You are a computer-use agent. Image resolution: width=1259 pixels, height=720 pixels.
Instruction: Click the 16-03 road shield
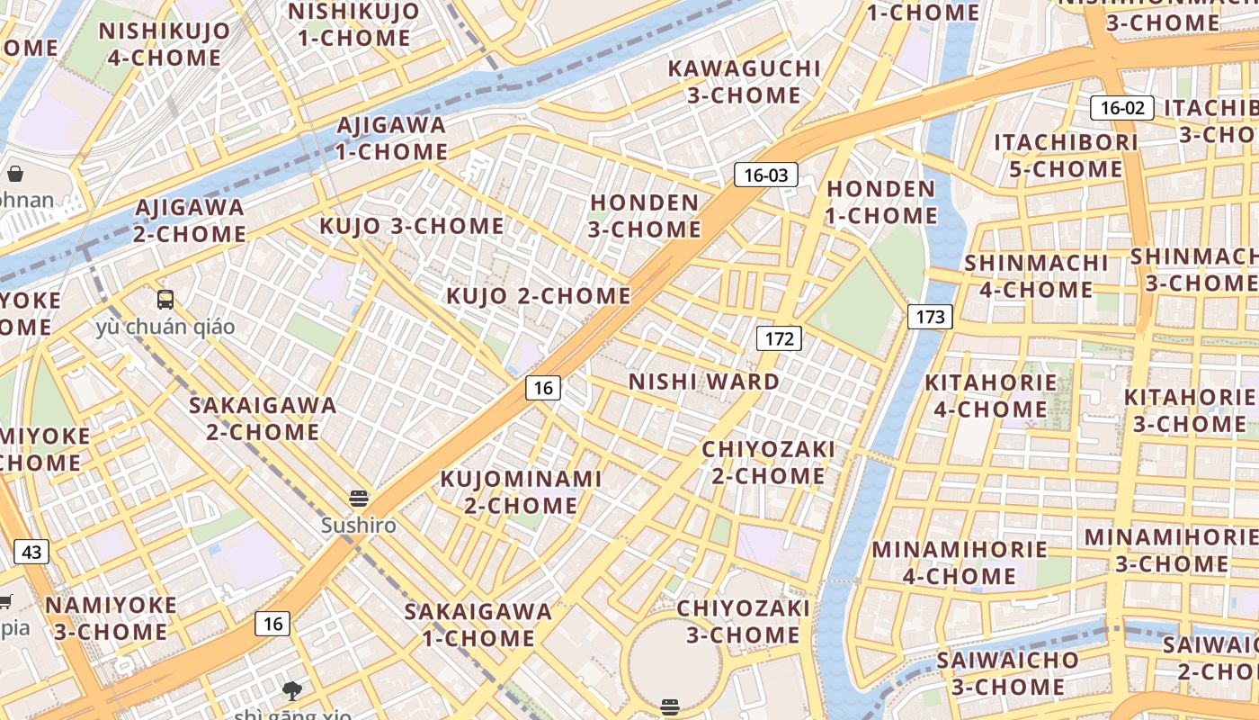point(766,175)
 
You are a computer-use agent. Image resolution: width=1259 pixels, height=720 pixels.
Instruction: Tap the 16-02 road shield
point(1122,108)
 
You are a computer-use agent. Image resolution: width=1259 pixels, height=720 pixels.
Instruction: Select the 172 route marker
point(779,338)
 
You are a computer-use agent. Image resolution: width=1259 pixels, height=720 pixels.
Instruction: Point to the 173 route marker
point(930,316)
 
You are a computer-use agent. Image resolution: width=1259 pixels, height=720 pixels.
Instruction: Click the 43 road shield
point(31,552)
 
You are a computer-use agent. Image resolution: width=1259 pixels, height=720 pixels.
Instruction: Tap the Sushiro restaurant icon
point(359,498)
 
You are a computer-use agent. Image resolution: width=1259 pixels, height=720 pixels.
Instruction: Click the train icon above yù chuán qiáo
point(165,300)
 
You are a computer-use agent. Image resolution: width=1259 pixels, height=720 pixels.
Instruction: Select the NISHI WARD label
point(704,382)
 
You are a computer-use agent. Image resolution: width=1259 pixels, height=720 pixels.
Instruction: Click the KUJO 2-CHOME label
point(539,295)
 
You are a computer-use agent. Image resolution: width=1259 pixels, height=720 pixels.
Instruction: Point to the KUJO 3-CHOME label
point(412,226)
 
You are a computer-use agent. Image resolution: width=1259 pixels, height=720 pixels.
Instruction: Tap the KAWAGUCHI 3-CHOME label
point(745,82)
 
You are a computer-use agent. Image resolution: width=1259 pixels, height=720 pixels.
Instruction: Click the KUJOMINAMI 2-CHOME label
point(521,492)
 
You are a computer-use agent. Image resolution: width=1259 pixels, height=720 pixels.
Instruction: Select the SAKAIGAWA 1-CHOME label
point(478,625)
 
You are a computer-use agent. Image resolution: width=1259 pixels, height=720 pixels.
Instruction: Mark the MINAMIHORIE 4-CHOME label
point(960,562)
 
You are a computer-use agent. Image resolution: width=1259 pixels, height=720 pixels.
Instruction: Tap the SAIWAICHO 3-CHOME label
point(1007,673)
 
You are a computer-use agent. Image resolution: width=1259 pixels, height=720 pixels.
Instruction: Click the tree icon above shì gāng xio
point(291,690)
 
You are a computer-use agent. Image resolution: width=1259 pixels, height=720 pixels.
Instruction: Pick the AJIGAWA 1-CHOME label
point(392,139)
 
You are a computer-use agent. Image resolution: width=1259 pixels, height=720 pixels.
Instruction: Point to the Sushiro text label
point(359,525)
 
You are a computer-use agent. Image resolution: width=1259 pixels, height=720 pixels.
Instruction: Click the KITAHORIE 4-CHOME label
point(991,395)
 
